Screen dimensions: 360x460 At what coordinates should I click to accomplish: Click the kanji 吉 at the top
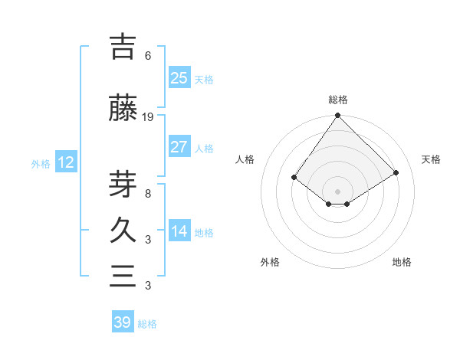tap(122, 47)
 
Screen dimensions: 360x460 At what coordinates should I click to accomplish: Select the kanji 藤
tap(123, 108)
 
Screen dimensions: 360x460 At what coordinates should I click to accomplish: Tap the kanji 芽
tap(123, 182)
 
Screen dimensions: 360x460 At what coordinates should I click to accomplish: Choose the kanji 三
tap(123, 277)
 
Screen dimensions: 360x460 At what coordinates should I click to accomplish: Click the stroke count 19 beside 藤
tap(148, 117)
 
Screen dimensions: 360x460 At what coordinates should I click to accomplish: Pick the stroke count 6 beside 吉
tap(147, 56)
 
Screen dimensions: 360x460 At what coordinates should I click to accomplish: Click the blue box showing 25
tap(179, 78)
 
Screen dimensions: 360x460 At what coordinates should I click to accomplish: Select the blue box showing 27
tap(179, 147)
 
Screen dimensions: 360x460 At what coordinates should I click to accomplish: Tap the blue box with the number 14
tap(179, 232)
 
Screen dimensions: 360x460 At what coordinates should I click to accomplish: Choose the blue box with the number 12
tap(66, 162)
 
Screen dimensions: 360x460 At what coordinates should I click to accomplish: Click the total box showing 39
tap(122, 322)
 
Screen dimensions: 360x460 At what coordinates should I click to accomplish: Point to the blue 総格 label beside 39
tap(147, 324)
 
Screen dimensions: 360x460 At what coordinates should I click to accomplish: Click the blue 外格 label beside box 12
tap(41, 163)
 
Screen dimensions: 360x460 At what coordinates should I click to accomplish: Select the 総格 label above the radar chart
tap(337, 100)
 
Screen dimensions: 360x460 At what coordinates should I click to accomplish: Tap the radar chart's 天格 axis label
tap(431, 159)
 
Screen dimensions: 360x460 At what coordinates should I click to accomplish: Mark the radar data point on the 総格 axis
tap(337, 116)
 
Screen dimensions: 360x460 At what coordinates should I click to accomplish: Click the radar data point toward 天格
tap(396, 172)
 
